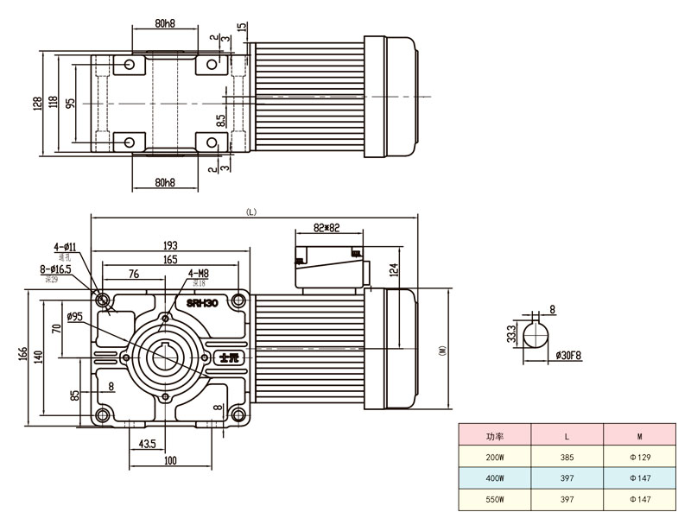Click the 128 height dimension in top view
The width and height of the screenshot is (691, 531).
pos(38,104)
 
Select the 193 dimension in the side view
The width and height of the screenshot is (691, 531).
pos(169,245)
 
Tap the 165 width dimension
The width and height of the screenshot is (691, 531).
pos(169,258)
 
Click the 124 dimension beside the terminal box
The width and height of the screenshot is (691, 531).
pos(394,269)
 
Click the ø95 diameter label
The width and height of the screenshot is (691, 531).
pos(74,317)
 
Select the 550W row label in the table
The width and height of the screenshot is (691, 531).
pos(495,499)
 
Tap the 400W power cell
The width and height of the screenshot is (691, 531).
pos(495,477)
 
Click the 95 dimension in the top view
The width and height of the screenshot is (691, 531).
pos(70,104)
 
